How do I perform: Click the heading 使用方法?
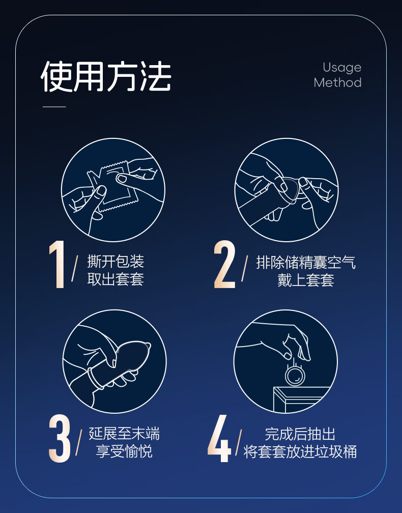106,77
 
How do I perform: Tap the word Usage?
342,68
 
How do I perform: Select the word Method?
337,82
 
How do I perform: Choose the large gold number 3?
60,438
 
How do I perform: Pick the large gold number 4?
219,438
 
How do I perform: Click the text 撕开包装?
116,262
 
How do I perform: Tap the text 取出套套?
116,279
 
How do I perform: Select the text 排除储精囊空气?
306,263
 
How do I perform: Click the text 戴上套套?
306,280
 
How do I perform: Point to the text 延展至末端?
124,434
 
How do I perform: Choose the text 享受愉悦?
124,451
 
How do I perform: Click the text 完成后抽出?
300,434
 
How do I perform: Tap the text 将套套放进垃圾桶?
300,451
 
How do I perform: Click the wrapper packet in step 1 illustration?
113,186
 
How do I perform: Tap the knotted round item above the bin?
295,375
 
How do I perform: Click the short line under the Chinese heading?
54,107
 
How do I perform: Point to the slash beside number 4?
239,442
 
